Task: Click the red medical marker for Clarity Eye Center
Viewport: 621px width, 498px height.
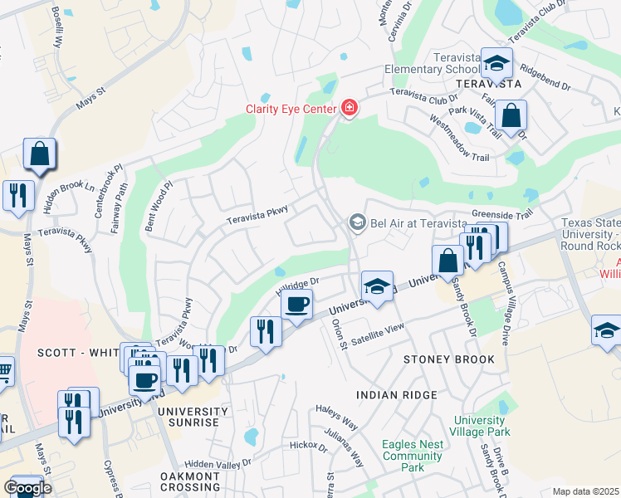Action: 350,109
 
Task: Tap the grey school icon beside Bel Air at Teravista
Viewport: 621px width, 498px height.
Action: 357,222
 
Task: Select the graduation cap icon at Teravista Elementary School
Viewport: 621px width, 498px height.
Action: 496,63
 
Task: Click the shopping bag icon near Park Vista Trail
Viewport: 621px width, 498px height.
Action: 512,115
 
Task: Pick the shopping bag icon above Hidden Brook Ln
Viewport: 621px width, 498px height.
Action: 40,154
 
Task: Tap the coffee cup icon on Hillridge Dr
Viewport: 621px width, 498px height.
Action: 296,304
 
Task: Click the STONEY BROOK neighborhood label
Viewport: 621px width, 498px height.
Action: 448,359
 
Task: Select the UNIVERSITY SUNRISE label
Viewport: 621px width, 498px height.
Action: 193,417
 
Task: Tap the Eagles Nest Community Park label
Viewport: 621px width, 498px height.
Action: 413,456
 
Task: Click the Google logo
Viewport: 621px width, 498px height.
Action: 27,488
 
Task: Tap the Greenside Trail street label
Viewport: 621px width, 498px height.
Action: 501,213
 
